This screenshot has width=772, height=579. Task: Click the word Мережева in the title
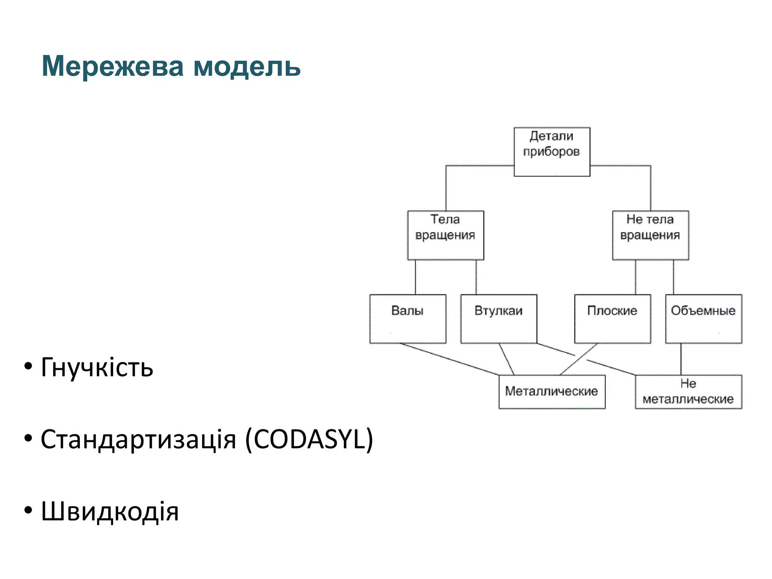[112, 66]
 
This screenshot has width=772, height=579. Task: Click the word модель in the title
[247, 66]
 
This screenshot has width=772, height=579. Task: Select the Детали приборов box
[552, 152]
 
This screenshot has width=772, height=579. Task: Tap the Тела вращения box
[446, 235]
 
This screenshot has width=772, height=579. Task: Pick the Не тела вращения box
[650, 235]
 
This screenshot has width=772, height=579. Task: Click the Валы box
[407, 319]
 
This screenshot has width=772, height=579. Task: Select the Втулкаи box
[498, 319]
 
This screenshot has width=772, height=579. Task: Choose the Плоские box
[612, 319]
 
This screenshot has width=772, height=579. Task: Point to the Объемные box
[703, 319]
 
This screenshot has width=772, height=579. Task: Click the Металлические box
[552, 392]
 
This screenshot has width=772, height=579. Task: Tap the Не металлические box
[688, 392]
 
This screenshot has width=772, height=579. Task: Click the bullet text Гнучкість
[97, 367]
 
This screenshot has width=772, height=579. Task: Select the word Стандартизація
[138, 439]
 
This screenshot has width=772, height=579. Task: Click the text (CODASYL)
[309, 439]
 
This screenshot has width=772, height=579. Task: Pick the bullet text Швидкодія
[109, 512]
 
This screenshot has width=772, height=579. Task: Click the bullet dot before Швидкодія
[28, 511]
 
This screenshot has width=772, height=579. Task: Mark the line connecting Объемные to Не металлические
[681, 359]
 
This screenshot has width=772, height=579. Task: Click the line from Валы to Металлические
[449, 359]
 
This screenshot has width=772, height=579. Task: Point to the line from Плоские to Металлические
[579, 359]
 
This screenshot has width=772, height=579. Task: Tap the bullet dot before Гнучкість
[28, 366]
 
